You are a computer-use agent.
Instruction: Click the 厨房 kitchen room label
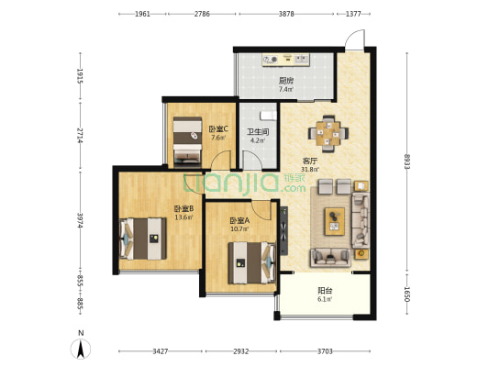tap(285, 81)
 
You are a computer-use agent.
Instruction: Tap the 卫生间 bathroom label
tap(258, 132)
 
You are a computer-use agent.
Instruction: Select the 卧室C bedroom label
tap(218, 128)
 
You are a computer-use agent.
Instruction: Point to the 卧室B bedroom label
tap(184, 208)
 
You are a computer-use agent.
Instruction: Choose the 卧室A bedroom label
tap(239, 221)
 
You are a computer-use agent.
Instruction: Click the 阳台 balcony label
tap(325, 291)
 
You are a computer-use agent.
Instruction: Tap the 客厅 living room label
tap(310, 161)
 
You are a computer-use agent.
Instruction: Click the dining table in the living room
tap(328, 134)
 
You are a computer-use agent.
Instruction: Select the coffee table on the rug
tap(335, 221)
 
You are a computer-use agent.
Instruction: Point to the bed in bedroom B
tap(142, 239)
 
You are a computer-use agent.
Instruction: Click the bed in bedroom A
tap(252, 262)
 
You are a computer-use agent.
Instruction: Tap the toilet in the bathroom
tap(268, 116)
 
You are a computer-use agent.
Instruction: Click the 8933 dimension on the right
tap(406, 161)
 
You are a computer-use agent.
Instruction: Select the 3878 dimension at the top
tap(286, 14)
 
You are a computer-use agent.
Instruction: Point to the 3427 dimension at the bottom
tap(161, 351)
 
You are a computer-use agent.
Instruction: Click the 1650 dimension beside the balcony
tap(406, 295)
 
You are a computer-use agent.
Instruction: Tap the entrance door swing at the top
tap(354, 39)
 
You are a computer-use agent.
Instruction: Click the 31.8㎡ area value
tap(310, 170)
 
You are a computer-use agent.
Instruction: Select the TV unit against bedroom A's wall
tap(283, 231)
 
